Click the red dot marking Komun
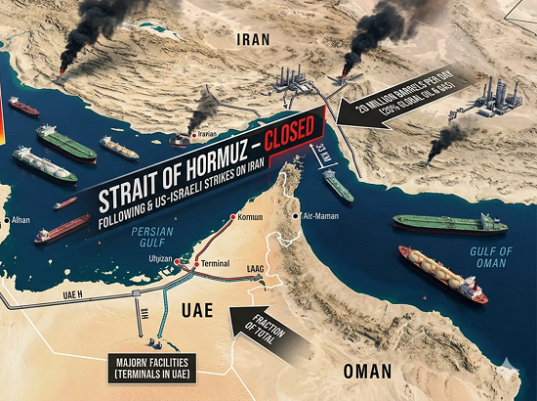[x=232, y=218]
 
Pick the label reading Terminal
[x=216, y=265]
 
